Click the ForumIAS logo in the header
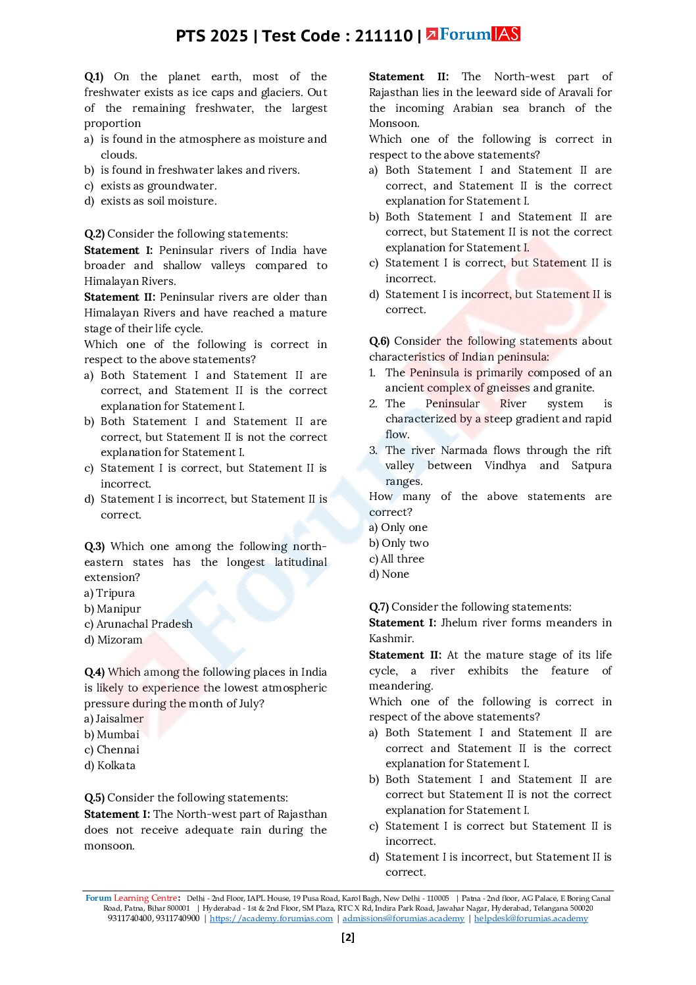473,34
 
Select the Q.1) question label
93,77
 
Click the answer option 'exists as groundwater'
158,186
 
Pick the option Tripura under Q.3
115,594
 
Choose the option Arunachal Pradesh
144,624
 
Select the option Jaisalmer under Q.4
119,719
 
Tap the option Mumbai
118,735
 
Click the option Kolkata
116,766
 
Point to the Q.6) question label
379,341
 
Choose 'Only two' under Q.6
405,543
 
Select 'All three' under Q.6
402,559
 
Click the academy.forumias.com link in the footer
271,919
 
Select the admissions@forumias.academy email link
403,919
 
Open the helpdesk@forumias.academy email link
531,919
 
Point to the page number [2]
348,938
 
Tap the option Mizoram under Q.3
119,640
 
